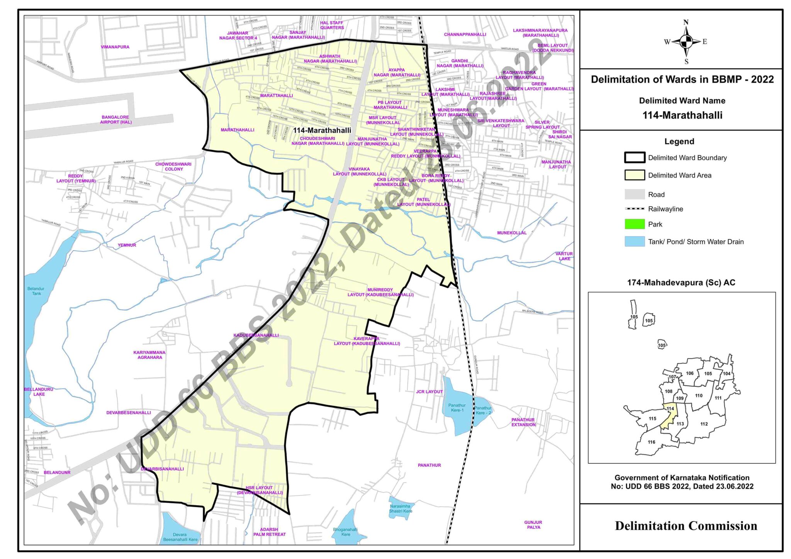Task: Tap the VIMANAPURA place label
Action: (x=115, y=47)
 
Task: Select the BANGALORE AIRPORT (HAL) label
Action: (x=115, y=120)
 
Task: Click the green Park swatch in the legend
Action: (x=635, y=224)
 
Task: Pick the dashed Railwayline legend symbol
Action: (x=635, y=209)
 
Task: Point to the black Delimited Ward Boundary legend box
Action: (x=635, y=158)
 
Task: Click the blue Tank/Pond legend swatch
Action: (x=635, y=242)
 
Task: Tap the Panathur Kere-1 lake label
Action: (x=457, y=408)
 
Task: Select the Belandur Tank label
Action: (x=36, y=291)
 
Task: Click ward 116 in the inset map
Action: (x=652, y=442)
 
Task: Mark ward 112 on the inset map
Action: (x=704, y=424)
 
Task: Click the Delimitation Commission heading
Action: (x=686, y=526)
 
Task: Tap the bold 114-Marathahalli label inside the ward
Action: (x=322, y=130)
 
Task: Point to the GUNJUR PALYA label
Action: (x=533, y=525)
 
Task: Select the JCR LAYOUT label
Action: (x=429, y=391)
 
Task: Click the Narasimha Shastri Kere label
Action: (x=400, y=508)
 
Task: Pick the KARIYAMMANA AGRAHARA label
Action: (x=149, y=355)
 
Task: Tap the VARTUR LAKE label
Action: (x=564, y=256)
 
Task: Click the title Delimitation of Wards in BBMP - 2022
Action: (x=682, y=80)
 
